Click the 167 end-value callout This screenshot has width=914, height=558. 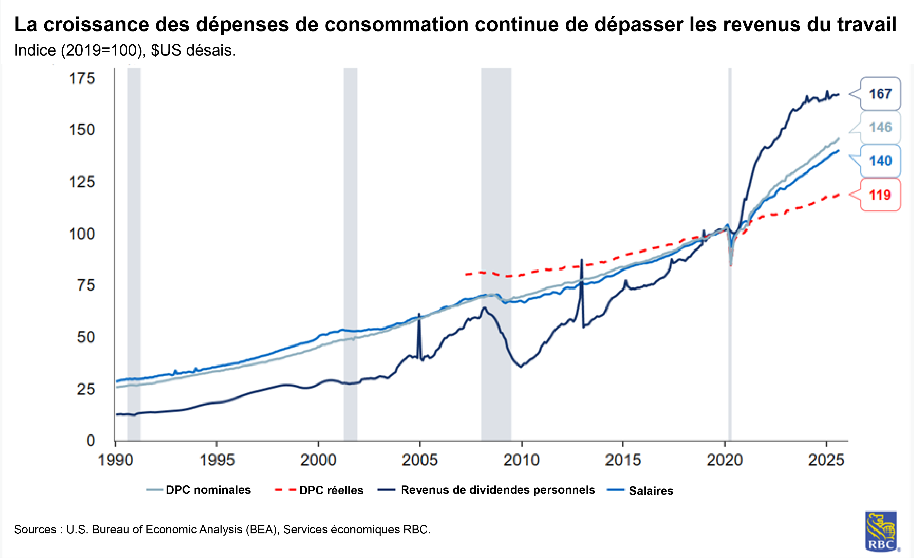[880, 94]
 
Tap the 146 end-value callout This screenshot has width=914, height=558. [880, 127]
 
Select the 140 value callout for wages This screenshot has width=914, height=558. [880, 161]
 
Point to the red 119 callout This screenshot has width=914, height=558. [880, 195]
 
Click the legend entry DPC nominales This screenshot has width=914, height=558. [208, 490]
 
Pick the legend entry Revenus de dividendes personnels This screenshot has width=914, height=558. [497, 490]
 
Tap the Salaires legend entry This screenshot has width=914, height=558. [651, 491]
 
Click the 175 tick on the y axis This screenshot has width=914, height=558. [82, 79]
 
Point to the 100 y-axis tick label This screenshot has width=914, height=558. [82, 234]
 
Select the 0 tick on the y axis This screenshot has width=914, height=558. [91, 440]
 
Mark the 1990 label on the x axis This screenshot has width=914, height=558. [115, 460]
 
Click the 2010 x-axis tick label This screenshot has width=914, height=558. [521, 460]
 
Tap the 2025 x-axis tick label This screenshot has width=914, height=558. [826, 460]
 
